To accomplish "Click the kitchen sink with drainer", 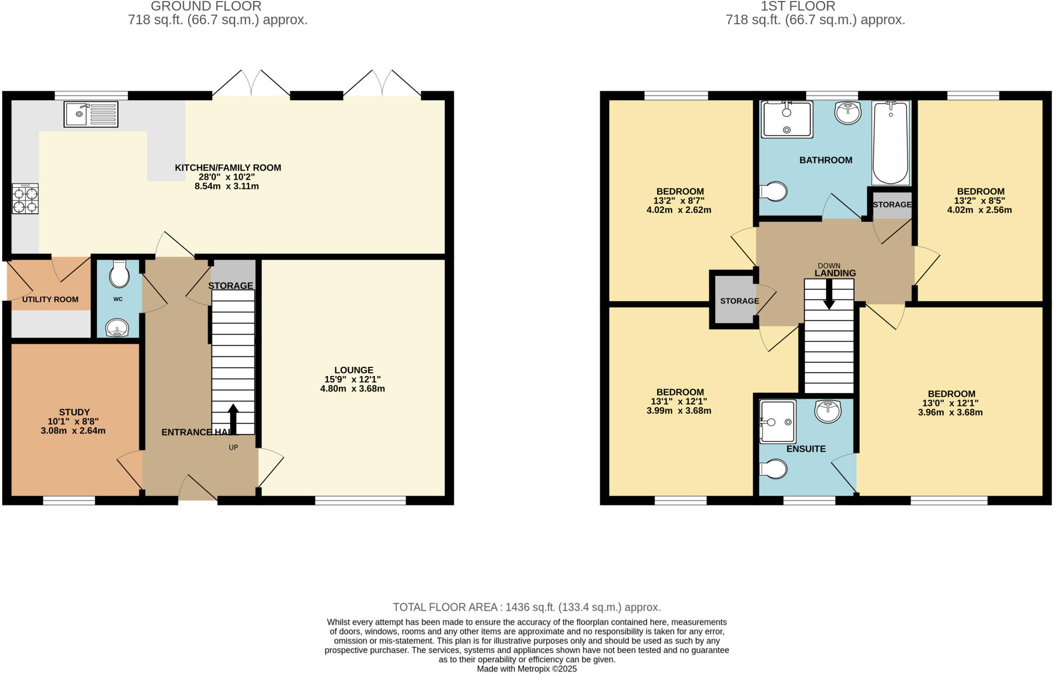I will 91,114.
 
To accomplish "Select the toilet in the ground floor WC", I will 119,274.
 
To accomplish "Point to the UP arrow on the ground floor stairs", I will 233,419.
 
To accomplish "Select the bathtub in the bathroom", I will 891,143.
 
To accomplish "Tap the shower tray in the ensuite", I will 777,421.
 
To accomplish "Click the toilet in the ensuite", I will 774,469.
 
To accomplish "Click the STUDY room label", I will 75,412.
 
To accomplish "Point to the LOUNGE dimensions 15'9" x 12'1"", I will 352,379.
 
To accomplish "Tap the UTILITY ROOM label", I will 50,299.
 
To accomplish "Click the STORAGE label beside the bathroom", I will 892,205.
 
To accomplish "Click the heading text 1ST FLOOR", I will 815,6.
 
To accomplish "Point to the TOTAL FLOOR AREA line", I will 526,607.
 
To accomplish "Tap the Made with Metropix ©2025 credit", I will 526,669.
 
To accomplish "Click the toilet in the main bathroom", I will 774,191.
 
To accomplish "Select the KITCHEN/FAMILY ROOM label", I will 228,168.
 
